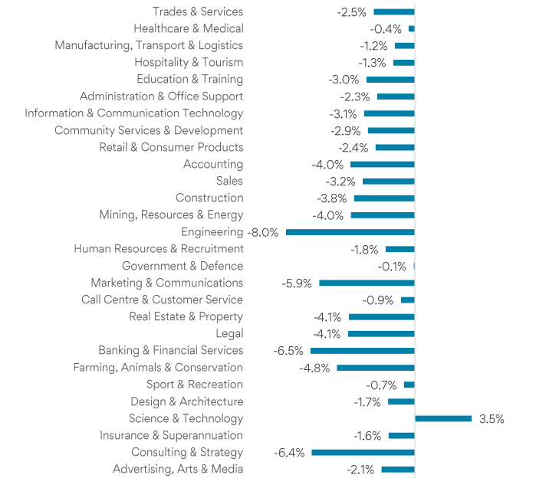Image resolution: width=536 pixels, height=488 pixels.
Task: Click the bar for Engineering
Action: click(x=350, y=232)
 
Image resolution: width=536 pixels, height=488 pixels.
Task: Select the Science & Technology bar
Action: click(x=443, y=418)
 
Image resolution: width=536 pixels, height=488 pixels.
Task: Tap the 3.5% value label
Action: click(x=492, y=419)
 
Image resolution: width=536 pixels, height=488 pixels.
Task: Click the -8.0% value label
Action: click(x=262, y=232)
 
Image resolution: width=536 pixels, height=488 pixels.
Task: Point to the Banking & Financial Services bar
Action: click(x=362, y=351)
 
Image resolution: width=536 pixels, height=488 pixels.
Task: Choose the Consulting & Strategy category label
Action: click(x=187, y=452)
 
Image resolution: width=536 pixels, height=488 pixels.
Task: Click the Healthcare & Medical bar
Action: click(x=412, y=28)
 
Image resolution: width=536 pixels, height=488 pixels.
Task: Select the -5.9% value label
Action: click(x=297, y=283)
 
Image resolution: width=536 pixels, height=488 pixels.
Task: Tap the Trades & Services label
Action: click(x=198, y=11)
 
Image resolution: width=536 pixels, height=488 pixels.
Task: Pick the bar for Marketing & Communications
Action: click(x=367, y=283)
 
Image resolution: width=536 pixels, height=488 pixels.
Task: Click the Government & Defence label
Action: click(x=183, y=266)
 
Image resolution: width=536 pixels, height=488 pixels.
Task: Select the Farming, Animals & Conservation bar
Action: click(x=375, y=368)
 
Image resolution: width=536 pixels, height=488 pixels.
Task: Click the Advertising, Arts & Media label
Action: click(x=178, y=469)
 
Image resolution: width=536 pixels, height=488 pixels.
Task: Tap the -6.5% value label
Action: click(x=288, y=351)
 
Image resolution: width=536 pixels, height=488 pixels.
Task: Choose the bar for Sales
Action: click(x=388, y=182)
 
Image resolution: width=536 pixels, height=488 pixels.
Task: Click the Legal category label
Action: click(x=229, y=333)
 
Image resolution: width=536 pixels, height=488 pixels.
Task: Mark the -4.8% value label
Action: click(x=314, y=368)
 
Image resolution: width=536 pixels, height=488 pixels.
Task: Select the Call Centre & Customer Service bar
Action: click(x=407, y=300)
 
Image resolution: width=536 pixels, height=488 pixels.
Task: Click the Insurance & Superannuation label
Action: click(x=171, y=435)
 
